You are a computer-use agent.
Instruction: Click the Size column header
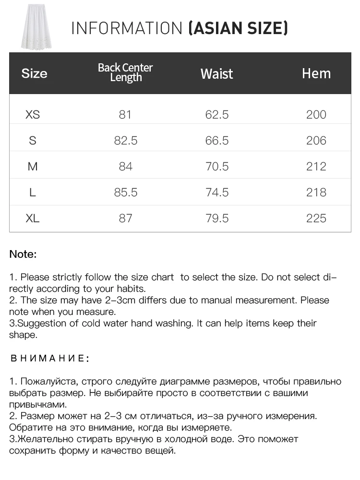pyautogui.click(x=34, y=73)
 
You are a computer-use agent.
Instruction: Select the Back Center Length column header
pyautogui.click(x=125, y=72)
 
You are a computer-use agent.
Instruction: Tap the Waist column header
pyautogui.click(x=216, y=73)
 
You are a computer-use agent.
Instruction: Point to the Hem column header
pyautogui.click(x=316, y=73)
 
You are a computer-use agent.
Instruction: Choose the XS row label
pyautogui.click(x=33, y=115)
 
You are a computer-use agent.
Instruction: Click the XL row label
pyautogui.click(x=33, y=218)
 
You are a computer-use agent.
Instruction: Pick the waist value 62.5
pyautogui.click(x=216, y=115)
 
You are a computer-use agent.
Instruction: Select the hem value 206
pyautogui.click(x=316, y=141)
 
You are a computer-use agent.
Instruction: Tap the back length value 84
pyautogui.click(x=125, y=167)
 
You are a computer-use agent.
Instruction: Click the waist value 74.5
pyautogui.click(x=216, y=192)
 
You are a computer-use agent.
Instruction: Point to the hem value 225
pyautogui.click(x=316, y=218)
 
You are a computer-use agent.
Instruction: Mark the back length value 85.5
pyautogui.click(x=125, y=192)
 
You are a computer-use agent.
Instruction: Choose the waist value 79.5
pyautogui.click(x=216, y=218)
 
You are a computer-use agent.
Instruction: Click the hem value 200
pyautogui.click(x=316, y=115)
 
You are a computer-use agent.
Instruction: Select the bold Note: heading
pyautogui.click(x=23, y=254)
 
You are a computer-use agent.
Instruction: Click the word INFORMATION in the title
pyautogui.click(x=127, y=28)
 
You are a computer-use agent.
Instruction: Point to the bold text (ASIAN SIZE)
pyautogui.click(x=238, y=28)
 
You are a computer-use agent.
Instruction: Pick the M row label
pyautogui.click(x=33, y=167)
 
